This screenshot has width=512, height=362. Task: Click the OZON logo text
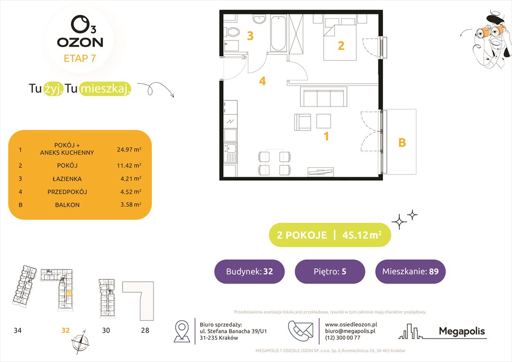[80, 42]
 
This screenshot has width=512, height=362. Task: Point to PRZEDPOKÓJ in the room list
[67, 192]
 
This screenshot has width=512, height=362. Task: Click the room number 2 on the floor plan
[341, 46]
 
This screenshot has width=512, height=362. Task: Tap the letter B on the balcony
[402, 142]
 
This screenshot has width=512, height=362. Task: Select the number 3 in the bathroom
[251, 35]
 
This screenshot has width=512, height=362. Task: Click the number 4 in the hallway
[262, 82]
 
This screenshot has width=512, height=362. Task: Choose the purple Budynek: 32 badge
[249, 271]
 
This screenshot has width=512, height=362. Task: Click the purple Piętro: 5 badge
[330, 271]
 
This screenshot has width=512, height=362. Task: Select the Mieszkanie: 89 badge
[410, 271]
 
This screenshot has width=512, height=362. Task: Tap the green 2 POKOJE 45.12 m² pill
[330, 235]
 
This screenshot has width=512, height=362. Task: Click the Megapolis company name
[462, 331]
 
